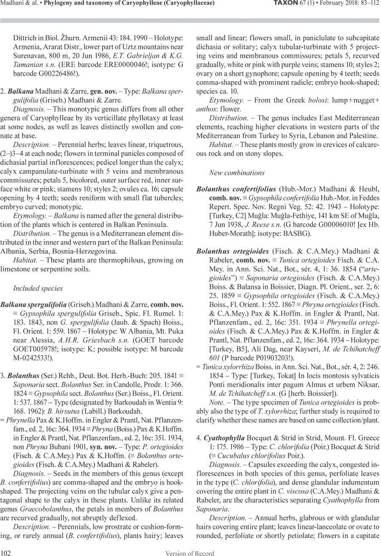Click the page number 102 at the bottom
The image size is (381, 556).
(x=6, y=553)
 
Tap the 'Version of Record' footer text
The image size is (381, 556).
(x=190, y=553)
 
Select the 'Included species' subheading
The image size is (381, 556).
(x=38, y=288)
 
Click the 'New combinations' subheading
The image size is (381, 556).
(x=237, y=173)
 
